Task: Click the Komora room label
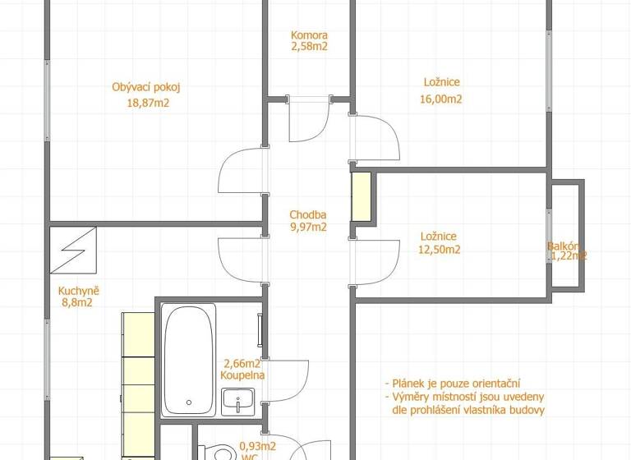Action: pos(309,35)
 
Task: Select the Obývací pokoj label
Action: pos(145,87)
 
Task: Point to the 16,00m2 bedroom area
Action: pos(442,99)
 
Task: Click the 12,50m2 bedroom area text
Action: pos(440,250)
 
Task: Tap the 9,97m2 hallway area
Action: pos(308,228)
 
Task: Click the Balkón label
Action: pos(566,246)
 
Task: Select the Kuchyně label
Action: pos(79,290)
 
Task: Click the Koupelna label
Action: pos(242,375)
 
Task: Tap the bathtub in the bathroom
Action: pos(188,356)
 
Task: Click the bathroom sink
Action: pos(240,402)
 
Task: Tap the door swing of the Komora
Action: pos(309,121)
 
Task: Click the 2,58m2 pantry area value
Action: pos(309,48)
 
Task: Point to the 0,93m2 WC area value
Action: pos(257,446)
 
